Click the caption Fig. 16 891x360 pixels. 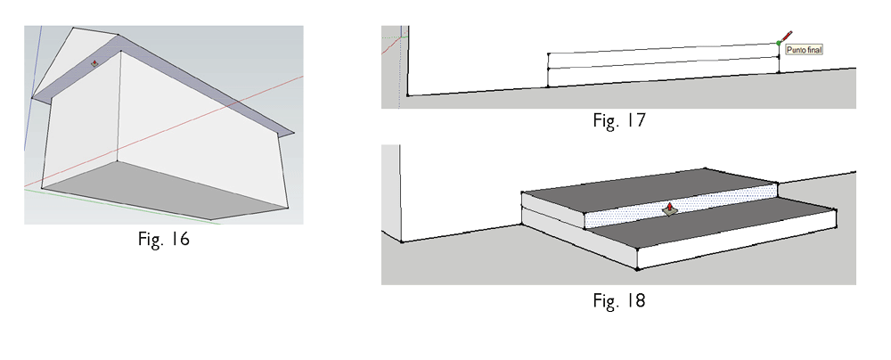point(164,239)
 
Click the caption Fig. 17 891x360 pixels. point(619,120)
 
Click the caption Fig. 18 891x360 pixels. point(619,300)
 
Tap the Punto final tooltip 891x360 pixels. point(804,50)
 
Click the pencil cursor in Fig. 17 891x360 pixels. point(787,37)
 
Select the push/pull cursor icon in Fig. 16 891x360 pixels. point(95,63)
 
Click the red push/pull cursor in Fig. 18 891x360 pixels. point(670,209)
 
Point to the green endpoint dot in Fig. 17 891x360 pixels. point(779,44)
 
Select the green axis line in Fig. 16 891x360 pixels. point(122,207)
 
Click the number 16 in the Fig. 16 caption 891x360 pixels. point(179,239)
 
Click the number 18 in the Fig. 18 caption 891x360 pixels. point(634,300)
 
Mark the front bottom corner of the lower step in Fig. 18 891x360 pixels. point(638,269)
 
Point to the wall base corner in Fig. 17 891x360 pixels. point(408,95)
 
